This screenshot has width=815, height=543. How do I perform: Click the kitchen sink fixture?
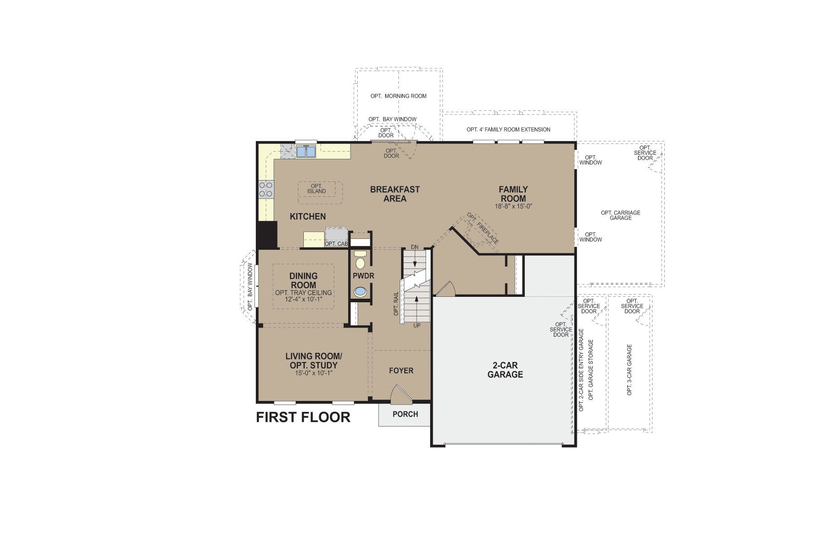coord(306,151)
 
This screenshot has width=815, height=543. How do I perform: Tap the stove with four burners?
coord(266,189)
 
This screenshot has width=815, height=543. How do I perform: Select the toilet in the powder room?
coord(360,261)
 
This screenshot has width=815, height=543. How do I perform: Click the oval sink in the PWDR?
coord(360,292)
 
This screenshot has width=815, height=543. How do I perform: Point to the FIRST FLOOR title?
coord(303,417)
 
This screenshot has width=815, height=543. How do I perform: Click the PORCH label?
coord(405,414)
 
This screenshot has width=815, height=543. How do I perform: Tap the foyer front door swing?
coord(401,394)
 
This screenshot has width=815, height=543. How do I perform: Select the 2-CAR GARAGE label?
coord(505,370)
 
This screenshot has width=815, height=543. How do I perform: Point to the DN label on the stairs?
coord(415,247)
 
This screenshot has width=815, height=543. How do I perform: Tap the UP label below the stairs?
coord(417,325)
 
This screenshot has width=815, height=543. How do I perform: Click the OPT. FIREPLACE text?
coord(484,229)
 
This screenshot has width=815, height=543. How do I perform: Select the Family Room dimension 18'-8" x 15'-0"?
coord(513,206)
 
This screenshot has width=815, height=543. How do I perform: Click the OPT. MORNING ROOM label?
coord(398,96)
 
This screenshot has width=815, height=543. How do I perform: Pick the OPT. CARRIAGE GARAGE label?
coord(620,215)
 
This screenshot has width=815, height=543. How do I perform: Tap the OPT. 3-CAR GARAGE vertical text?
coord(629,370)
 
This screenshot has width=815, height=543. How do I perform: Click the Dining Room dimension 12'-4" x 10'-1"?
coord(303,299)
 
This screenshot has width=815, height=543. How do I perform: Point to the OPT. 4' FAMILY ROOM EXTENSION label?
coord(508,129)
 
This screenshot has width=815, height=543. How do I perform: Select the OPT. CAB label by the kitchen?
coord(336,244)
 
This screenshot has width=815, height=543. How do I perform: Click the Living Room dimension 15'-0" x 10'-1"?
coord(313,373)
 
